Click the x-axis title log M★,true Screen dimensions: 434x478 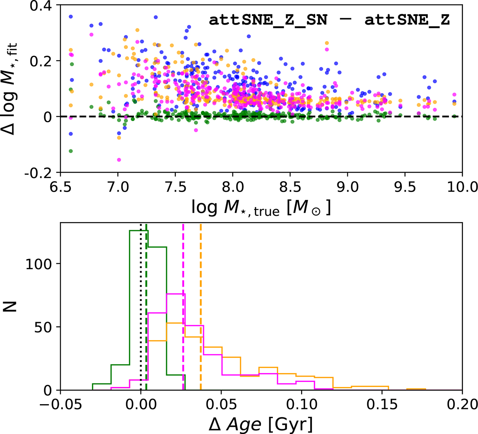(x=261, y=209)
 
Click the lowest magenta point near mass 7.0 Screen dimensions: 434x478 (x=119, y=160)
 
